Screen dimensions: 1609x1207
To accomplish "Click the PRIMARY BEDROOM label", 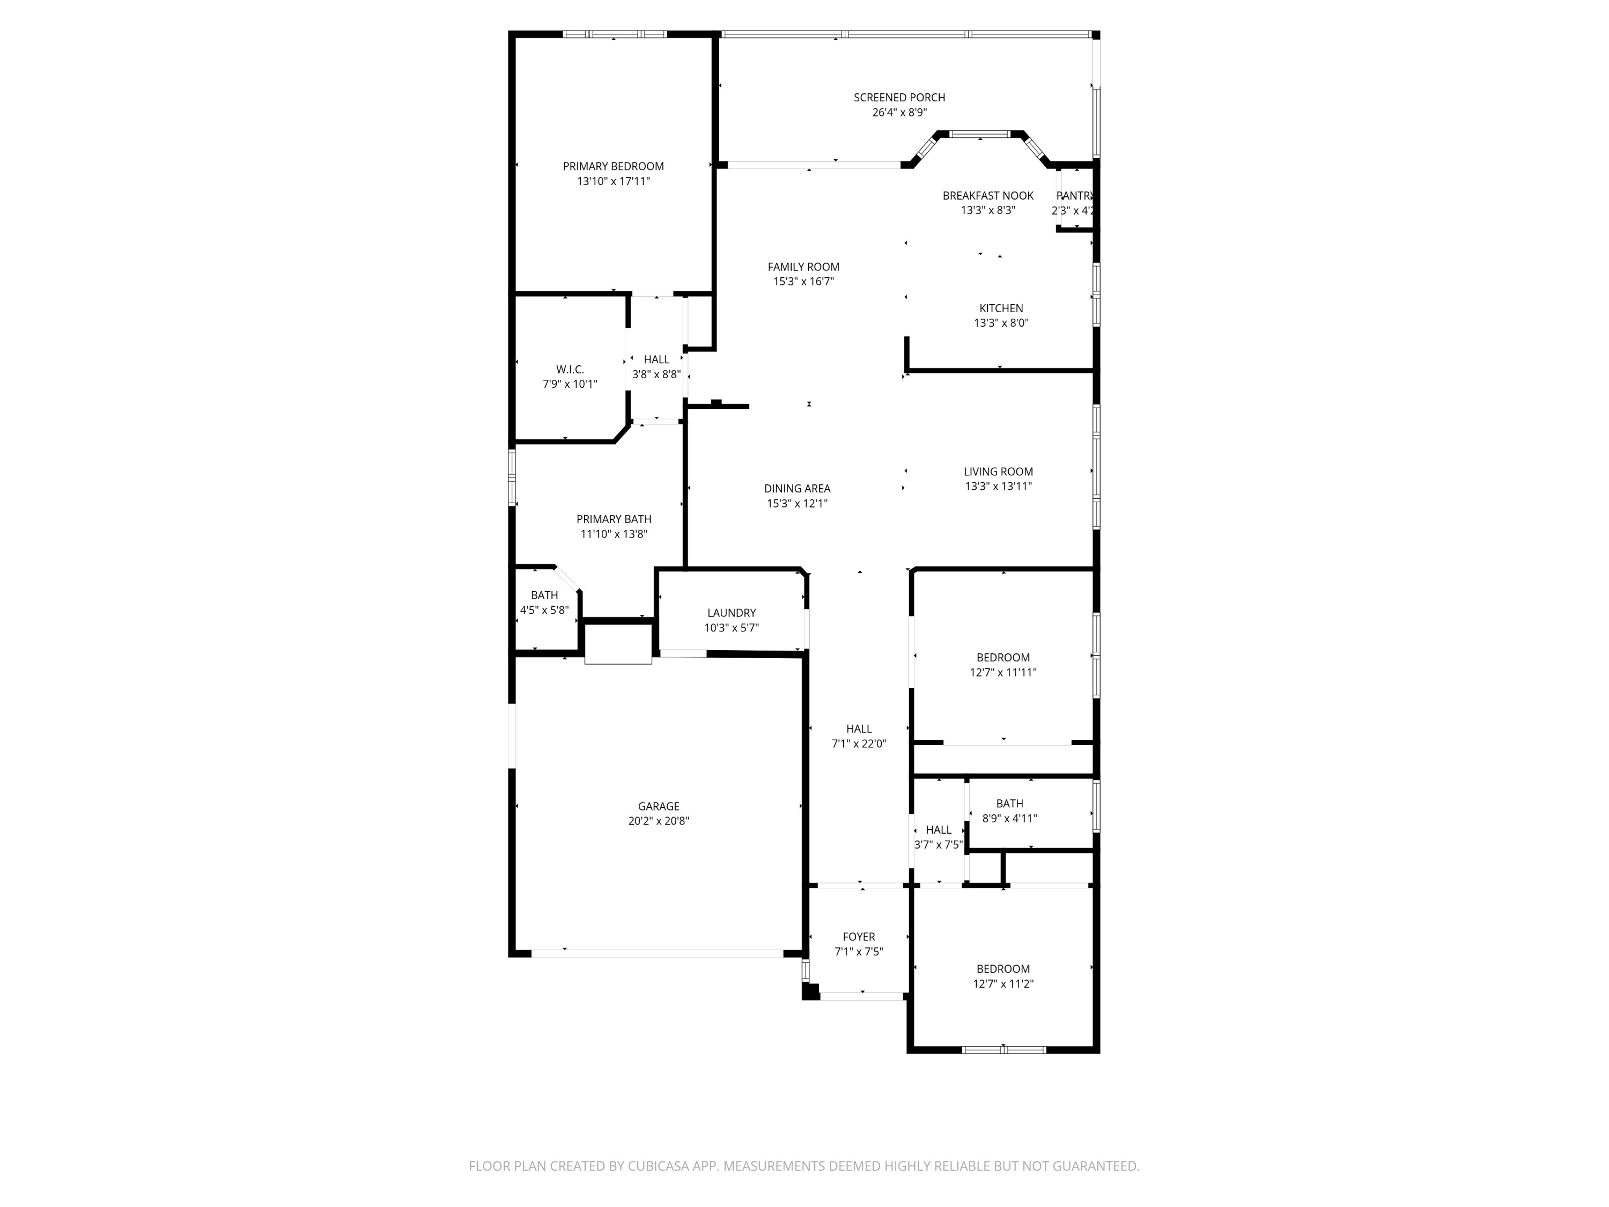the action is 613,167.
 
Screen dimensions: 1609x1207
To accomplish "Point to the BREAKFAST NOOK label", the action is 988,196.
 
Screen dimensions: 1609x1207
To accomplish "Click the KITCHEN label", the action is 1001,308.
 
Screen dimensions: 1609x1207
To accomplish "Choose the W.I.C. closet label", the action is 570,370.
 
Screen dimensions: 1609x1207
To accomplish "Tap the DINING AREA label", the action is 796,489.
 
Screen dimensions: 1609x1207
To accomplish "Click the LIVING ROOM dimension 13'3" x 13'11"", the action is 998,487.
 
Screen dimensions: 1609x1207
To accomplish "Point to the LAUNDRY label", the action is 731,613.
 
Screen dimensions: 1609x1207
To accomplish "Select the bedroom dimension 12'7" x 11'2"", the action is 1002,984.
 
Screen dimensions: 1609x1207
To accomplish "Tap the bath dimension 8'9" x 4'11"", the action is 1009,819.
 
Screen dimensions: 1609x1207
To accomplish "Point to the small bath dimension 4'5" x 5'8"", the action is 544,610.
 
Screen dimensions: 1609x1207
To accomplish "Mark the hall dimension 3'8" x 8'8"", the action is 656,374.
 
